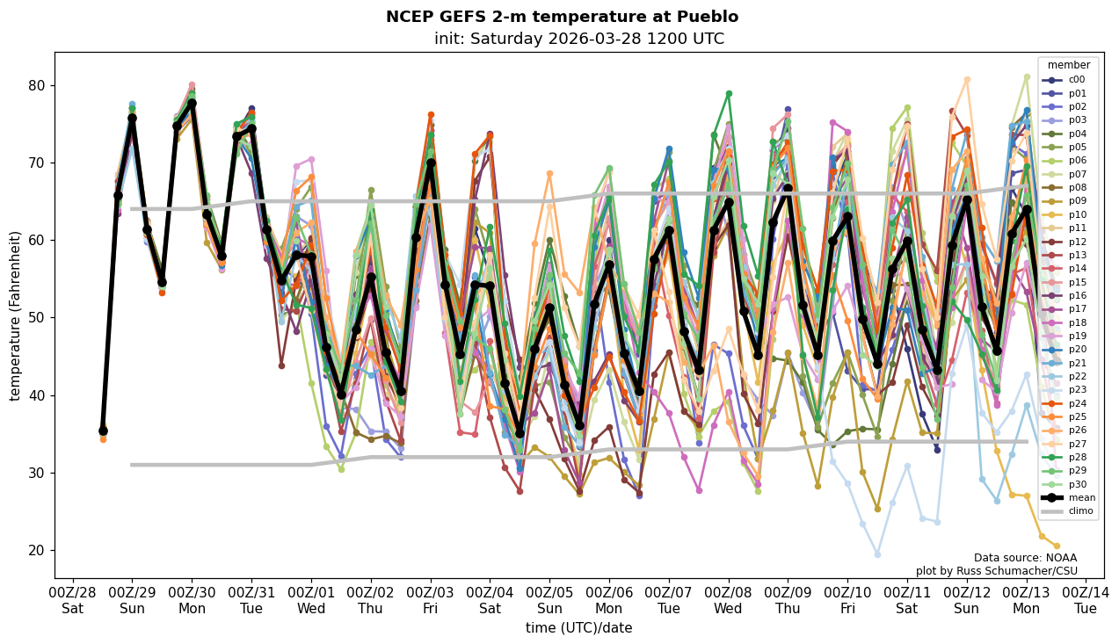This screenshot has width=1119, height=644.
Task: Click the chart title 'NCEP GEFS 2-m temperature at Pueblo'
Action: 562,17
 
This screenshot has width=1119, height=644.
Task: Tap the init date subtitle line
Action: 578,39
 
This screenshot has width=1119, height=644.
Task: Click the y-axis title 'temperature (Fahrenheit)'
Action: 15,315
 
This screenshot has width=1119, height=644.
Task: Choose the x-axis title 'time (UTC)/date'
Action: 578,628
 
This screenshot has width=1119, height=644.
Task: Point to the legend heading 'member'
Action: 1068,65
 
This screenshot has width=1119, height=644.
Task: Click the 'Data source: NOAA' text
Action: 1025,558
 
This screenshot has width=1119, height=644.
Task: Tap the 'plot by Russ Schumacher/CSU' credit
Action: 996,571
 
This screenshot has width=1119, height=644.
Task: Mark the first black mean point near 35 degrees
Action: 103,431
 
